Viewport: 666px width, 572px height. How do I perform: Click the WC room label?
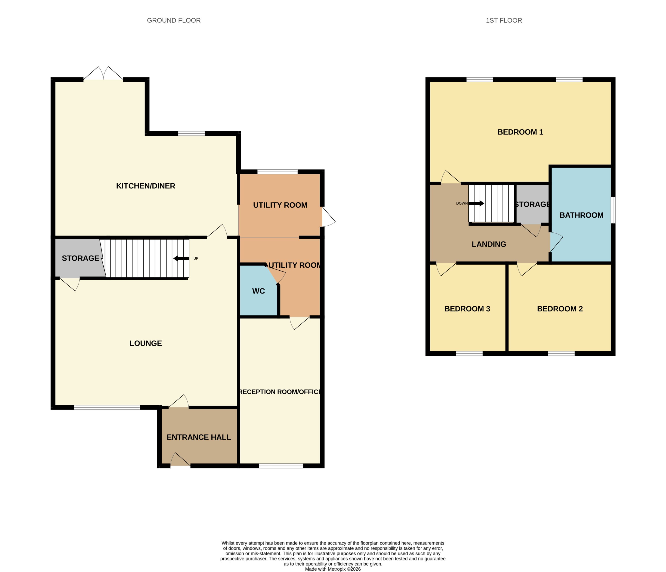point(259,291)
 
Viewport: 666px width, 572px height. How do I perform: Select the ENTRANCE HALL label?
point(199,437)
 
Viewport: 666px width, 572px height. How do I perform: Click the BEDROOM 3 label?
point(467,309)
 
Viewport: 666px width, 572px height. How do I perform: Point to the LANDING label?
point(489,244)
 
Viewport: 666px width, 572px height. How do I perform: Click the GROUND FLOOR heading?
point(174,20)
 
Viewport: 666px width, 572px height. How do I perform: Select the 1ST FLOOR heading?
point(504,20)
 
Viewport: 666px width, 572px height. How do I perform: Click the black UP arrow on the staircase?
point(181,258)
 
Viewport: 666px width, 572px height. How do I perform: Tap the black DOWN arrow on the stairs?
point(476,203)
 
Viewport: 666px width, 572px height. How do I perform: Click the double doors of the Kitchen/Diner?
point(103,73)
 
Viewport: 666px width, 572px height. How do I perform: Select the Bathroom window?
point(613,210)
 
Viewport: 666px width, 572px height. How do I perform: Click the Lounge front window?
point(107,407)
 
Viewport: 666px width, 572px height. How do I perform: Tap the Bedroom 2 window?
point(561,353)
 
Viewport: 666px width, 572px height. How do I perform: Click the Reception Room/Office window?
point(281,466)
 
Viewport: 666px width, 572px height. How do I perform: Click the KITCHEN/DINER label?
point(146,186)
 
